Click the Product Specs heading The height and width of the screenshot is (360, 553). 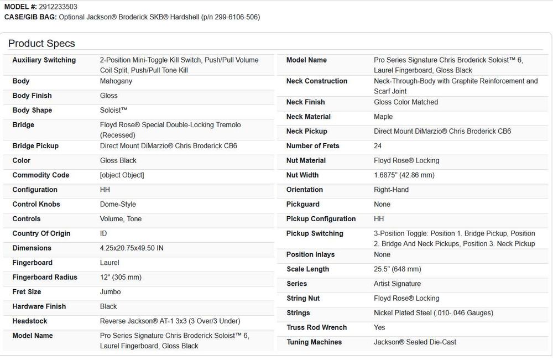click(x=41, y=44)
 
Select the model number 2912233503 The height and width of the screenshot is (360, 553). click(x=58, y=7)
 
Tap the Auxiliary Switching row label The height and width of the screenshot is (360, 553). click(x=44, y=60)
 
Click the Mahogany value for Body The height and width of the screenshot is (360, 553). click(x=116, y=81)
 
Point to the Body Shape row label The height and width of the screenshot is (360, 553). click(x=32, y=111)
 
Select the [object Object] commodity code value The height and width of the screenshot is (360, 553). click(x=122, y=175)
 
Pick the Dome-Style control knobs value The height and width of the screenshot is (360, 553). click(x=118, y=205)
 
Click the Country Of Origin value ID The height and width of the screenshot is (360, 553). click(x=103, y=234)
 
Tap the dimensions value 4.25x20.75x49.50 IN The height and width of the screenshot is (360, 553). click(x=132, y=248)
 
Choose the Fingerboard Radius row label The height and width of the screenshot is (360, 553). click(x=45, y=278)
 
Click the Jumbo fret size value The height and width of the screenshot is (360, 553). click(x=110, y=292)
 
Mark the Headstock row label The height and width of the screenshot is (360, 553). click(x=30, y=321)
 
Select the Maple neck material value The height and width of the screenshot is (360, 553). click(x=383, y=117)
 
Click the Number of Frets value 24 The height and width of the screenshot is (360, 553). click(x=378, y=146)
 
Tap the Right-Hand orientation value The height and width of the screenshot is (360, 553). click(x=391, y=190)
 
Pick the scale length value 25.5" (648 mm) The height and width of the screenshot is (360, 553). click(x=397, y=269)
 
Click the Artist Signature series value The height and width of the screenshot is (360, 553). click(x=397, y=284)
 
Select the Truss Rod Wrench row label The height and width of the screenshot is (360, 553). click(x=316, y=327)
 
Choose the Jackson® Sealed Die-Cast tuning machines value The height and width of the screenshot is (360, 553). click(x=415, y=342)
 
